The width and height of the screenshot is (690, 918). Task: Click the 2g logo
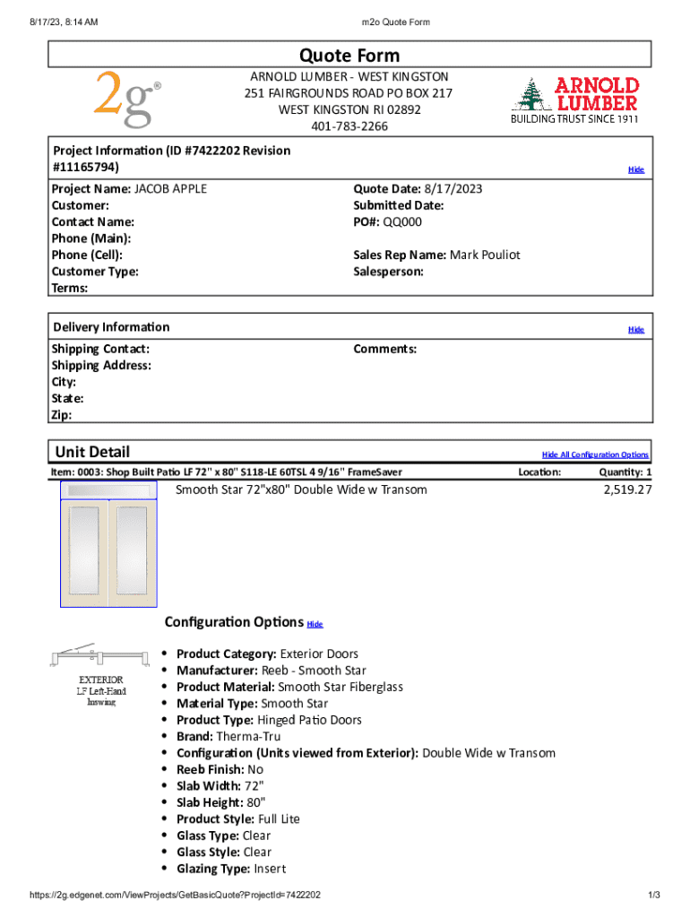tap(127, 99)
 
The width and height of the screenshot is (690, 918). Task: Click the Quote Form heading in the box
tap(349, 56)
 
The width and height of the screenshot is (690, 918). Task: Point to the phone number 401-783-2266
tap(349, 126)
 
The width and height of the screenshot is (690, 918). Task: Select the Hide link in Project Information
tap(635, 169)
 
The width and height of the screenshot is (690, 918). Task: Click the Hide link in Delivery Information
tap(635, 329)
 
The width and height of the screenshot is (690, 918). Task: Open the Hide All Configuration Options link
tap(595, 455)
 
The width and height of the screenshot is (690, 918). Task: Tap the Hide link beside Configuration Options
tap(315, 624)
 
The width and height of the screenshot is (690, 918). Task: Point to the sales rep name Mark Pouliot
tap(485, 255)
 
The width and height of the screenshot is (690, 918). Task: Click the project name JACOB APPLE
tap(171, 188)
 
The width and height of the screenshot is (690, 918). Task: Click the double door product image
tap(108, 544)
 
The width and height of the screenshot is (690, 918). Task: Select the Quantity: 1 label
tap(625, 472)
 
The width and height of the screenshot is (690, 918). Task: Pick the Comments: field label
tap(385, 349)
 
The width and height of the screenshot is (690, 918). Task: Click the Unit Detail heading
tap(92, 452)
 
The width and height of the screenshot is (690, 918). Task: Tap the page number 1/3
tap(654, 895)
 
